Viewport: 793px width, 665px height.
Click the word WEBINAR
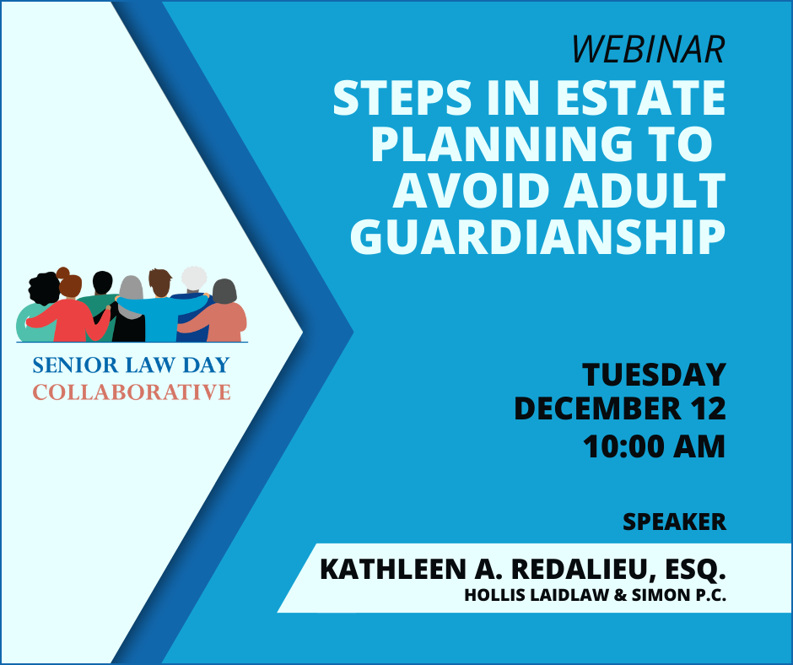[649, 49]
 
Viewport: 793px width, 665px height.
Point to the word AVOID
[474, 191]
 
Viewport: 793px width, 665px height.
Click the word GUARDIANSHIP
[538, 237]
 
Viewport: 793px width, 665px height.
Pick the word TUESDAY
[654, 374]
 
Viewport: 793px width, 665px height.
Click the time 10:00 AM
[654, 446]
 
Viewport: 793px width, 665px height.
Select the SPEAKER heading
[674, 522]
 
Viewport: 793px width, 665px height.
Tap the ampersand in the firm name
[620, 595]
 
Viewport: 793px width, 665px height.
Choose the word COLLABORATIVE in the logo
[132, 392]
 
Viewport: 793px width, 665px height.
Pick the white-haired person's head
[194, 278]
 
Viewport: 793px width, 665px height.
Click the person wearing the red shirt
[69, 314]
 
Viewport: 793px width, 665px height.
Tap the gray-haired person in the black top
[130, 310]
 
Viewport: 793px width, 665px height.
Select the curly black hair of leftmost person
[44, 288]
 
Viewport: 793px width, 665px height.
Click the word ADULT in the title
[645, 191]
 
